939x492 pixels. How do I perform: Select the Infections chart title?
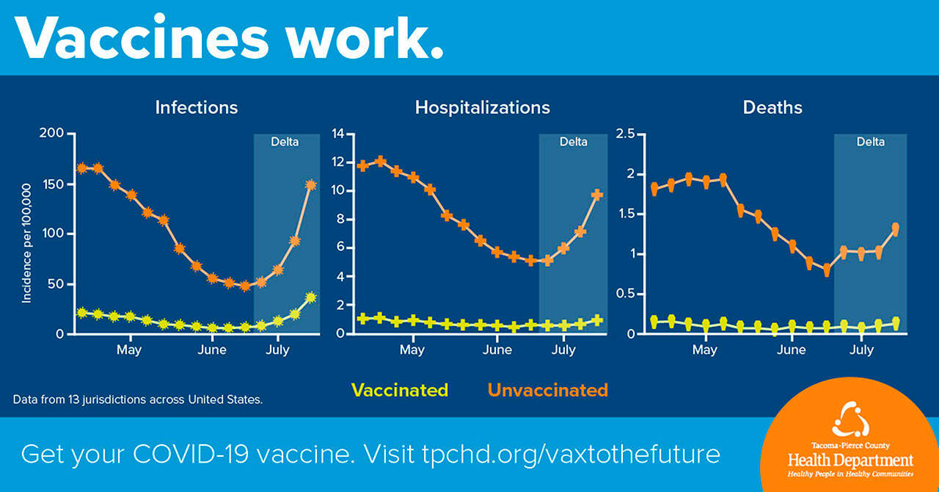[x=197, y=107]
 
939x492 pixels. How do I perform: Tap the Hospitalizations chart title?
[x=482, y=107]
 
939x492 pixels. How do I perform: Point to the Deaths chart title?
[x=772, y=107]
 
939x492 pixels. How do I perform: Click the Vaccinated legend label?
[x=400, y=390]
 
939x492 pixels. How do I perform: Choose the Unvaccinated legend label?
[x=548, y=390]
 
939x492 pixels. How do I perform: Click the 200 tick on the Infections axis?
[x=54, y=134]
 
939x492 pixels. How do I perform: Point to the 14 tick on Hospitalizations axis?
[x=337, y=134]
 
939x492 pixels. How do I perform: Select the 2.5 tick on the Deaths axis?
[x=626, y=134]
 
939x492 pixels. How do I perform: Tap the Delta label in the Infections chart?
[x=285, y=142]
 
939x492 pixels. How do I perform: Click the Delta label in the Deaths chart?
[x=870, y=142]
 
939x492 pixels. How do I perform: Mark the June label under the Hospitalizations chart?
[x=497, y=350]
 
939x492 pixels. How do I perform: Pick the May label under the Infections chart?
[x=129, y=350]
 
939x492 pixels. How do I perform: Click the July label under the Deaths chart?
[x=861, y=350]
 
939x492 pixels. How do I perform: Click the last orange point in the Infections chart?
[x=310, y=185]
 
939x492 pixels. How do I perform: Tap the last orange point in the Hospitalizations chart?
[x=597, y=195]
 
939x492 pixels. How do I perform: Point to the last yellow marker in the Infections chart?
[x=310, y=297]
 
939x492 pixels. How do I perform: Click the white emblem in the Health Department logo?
[x=850, y=419]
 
